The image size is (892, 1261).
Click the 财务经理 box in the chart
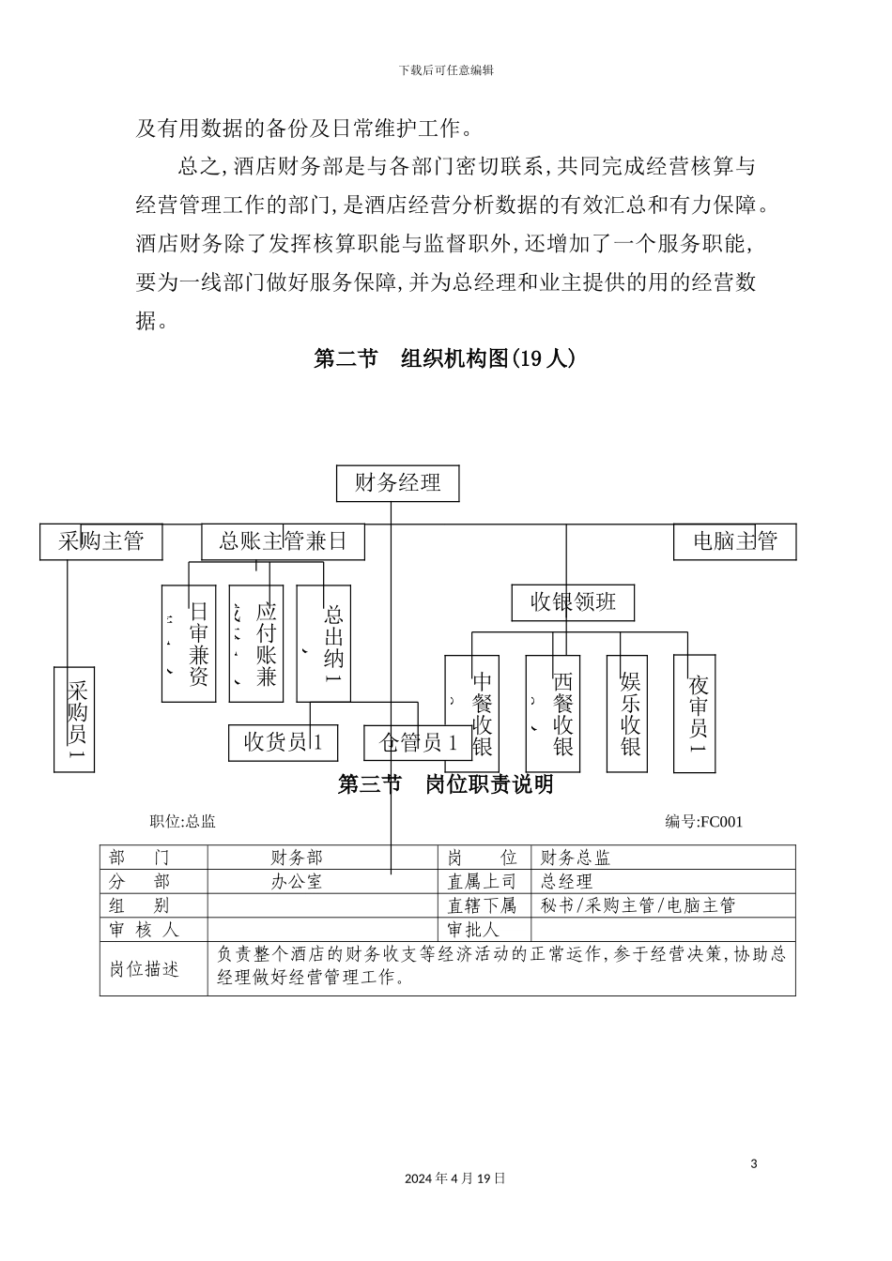398,484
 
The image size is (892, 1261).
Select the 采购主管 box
100,541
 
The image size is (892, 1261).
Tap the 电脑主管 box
734,541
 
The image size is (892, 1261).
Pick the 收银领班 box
573,602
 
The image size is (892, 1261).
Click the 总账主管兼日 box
283,541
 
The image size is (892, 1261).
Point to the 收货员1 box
283,742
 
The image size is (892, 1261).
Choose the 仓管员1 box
418,742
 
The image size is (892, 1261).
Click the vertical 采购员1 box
75,719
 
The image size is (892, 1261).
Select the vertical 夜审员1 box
697,713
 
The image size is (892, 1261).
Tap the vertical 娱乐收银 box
627,713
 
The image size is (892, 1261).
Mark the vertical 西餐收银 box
553,713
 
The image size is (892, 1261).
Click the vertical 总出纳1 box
324,643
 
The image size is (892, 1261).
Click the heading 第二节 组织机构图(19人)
444,359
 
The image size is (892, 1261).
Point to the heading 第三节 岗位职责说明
445,784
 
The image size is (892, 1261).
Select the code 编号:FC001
703,822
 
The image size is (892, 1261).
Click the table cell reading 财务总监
576,858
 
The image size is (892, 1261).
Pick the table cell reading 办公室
296,882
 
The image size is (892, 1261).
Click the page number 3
753,1164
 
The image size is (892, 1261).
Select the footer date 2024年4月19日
455,1178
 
